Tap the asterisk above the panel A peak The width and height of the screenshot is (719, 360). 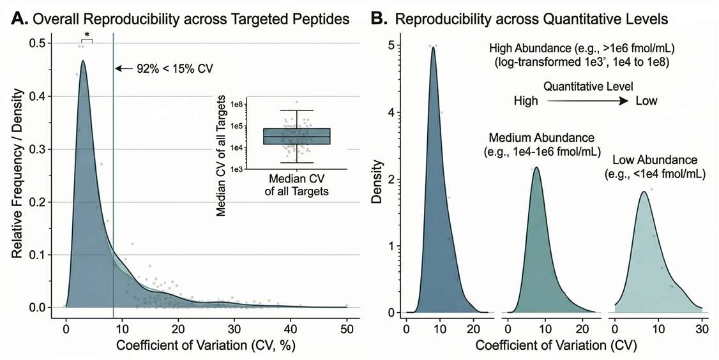(x=87, y=35)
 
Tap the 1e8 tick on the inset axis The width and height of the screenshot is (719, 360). (x=236, y=104)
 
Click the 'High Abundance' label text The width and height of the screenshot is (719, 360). (x=582, y=49)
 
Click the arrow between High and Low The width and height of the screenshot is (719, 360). (x=586, y=101)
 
